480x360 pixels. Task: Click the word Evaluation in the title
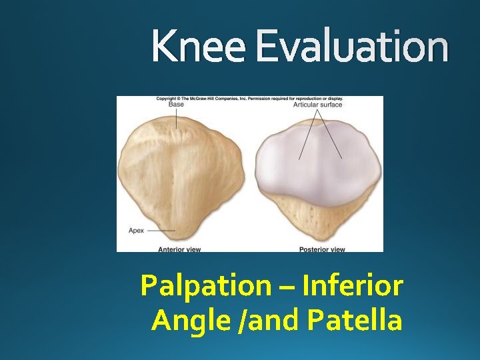[351, 47]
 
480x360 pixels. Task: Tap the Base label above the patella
[176, 105]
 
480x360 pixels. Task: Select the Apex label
[135, 230]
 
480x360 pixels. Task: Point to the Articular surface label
[318, 105]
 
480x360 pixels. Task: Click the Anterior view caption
[179, 249]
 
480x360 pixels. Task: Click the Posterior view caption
[322, 249]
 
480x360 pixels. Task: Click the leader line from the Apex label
[161, 230]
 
